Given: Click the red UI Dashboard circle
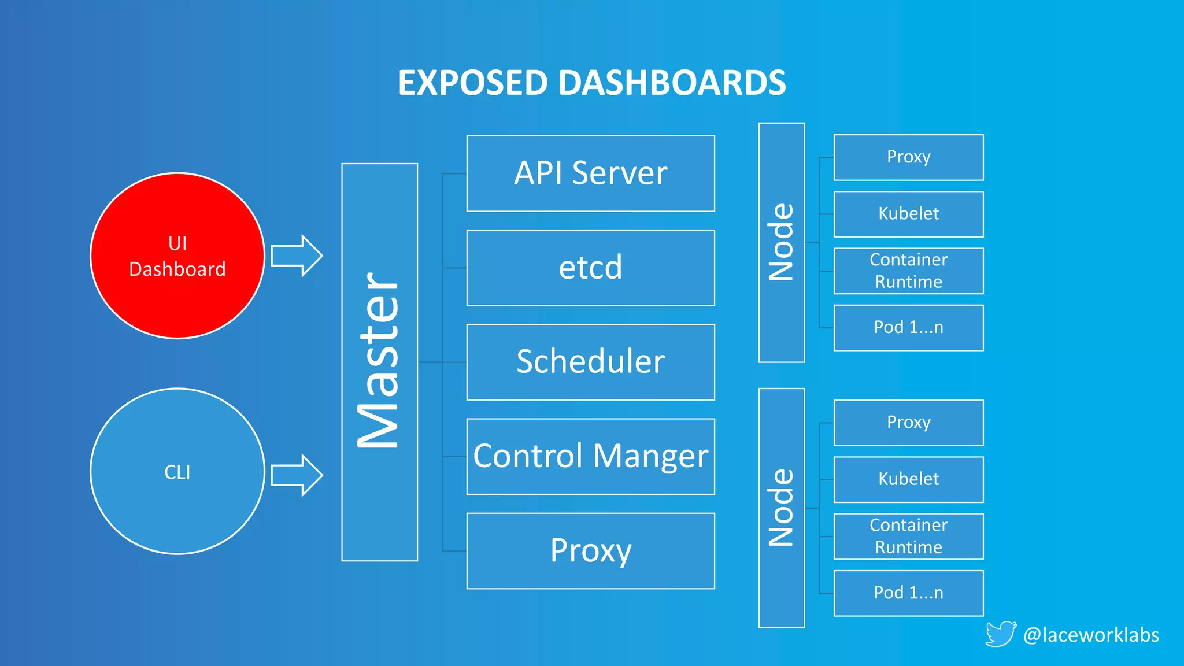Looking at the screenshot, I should (177, 256).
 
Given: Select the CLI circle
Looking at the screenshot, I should (177, 471).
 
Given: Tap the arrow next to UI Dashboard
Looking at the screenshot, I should (297, 256).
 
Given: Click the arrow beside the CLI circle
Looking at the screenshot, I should (297, 475).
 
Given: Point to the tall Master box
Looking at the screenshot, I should (379, 362).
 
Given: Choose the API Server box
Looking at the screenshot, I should (590, 173).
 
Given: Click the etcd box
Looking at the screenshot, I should (590, 268).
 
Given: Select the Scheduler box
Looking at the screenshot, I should (590, 362).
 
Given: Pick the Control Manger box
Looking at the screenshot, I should (590, 456).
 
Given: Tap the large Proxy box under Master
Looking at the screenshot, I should (590, 550).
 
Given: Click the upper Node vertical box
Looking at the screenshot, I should (781, 242).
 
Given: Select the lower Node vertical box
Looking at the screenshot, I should (781, 508).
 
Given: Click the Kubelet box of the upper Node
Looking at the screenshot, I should (908, 214).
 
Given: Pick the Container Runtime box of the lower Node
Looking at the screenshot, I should (908, 536).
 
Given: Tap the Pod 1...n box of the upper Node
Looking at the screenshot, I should (908, 327).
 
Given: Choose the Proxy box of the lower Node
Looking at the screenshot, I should (908, 423).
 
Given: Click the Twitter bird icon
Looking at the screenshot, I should (1000, 634).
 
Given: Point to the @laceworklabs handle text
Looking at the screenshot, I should (1091, 635).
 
